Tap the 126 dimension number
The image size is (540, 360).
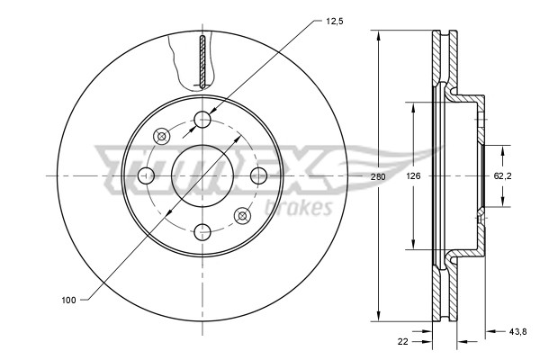[x=413, y=176]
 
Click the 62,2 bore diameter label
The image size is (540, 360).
[x=502, y=176]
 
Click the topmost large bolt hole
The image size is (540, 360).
[x=203, y=119]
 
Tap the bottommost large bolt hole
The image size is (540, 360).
[x=203, y=230]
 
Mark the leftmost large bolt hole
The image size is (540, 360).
[x=147, y=175]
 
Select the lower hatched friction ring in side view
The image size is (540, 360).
[x=440, y=292]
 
